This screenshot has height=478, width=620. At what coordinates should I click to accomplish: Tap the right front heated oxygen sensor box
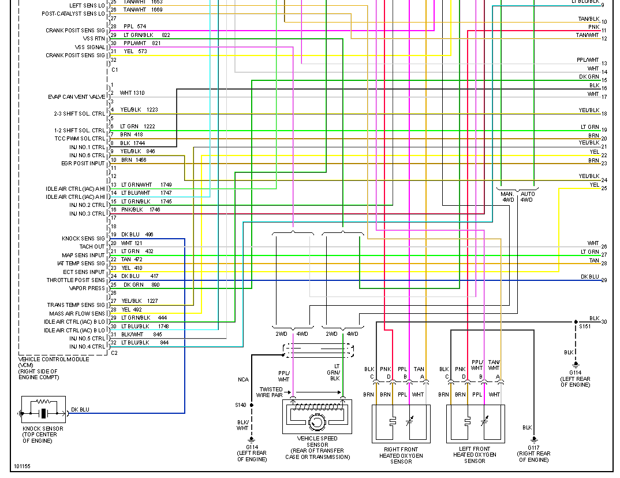pyautogui.click(x=401, y=423)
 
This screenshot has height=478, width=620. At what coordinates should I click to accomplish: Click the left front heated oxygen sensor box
pyautogui.click(x=475, y=423)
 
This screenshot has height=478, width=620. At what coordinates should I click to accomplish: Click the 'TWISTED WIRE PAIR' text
pyautogui.click(x=271, y=392)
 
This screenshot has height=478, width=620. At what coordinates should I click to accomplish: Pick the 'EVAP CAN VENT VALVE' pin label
pyautogui.click(x=77, y=97)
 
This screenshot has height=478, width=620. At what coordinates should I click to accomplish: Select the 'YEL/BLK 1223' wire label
pyautogui.click(x=139, y=109)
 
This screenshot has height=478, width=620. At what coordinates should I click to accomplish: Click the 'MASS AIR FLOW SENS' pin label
pyautogui.click(x=77, y=313)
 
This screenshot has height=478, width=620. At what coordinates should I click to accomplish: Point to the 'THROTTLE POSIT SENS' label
pyautogui.click(x=76, y=280)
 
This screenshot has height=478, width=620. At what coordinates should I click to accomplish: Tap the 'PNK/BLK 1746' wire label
pyautogui.click(x=140, y=210)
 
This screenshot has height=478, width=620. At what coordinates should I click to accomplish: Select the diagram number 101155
pyautogui.click(x=23, y=465)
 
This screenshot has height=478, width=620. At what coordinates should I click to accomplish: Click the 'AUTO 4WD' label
pyautogui.click(x=527, y=197)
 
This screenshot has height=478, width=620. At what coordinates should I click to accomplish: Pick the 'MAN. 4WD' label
pyautogui.click(x=507, y=197)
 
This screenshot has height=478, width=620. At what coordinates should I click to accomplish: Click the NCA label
pyautogui.click(x=243, y=380)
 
